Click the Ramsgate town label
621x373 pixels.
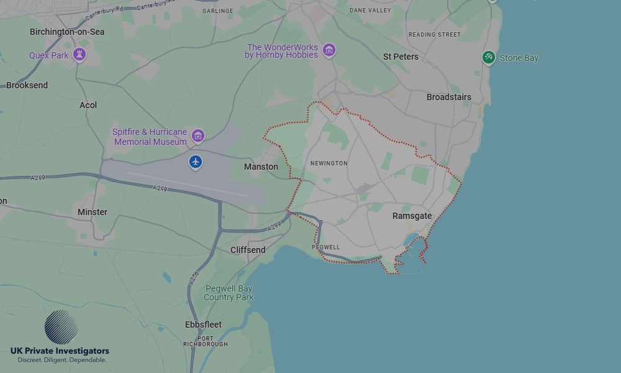click(412, 216)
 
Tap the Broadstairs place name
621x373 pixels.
click(448, 97)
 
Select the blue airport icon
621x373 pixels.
click(196, 162)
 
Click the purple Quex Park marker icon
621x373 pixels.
click(79, 55)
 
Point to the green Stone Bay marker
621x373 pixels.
click(489, 58)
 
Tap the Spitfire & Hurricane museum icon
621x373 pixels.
click(198, 136)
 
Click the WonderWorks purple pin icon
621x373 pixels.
click(329, 50)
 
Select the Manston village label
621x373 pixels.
click(261, 167)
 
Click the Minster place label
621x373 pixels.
click(93, 212)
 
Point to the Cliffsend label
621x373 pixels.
click(248, 250)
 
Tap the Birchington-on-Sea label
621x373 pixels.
click(67, 32)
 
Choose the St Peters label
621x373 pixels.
click(401, 57)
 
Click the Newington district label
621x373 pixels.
click(329, 163)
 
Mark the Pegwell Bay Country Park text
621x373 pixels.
click(229, 293)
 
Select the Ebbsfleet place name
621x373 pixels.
click(203, 325)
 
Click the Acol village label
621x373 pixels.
click(88, 105)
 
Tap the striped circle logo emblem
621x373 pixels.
click(61, 327)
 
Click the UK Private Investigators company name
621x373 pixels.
click(60, 351)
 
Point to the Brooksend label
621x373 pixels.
click(27, 85)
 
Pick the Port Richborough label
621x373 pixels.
click(205, 341)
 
